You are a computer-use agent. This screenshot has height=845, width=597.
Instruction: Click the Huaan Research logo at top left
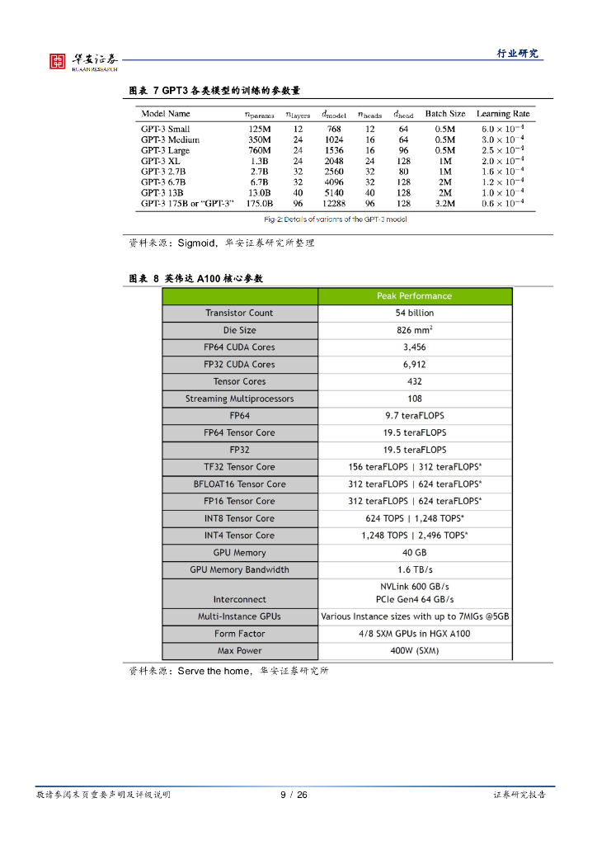pyautogui.click(x=83, y=61)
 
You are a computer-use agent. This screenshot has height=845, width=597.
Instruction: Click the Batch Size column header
pyautogui.click(x=445, y=114)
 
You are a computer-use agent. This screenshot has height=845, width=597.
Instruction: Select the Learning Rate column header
pyautogui.click(x=503, y=114)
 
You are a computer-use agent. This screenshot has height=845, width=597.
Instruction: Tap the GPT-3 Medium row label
pyautogui.click(x=170, y=139)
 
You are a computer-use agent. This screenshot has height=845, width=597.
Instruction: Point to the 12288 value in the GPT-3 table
pyautogui.click(x=334, y=203)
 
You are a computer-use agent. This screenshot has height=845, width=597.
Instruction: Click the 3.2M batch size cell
pyautogui.click(x=445, y=203)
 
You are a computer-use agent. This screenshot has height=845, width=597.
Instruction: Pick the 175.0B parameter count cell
pyautogui.click(x=260, y=203)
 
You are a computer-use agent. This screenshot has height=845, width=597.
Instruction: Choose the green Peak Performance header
pyautogui.click(x=415, y=296)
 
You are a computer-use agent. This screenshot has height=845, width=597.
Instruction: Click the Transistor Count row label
pyautogui.click(x=239, y=314)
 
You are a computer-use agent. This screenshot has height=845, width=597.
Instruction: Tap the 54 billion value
pyautogui.click(x=415, y=314)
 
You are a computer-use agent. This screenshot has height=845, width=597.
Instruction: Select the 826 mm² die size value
pyautogui.click(x=415, y=330)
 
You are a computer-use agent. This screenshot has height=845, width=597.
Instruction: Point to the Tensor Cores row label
pyautogui.click(x=239, y=382)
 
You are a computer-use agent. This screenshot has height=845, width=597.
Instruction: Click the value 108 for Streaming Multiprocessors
pyautogui.click(x=415, y=399)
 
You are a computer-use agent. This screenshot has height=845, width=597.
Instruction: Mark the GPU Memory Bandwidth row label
pyautogui.click(x=239, y=570)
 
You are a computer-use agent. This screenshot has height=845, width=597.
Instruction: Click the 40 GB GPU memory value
pyautogui.click(x=415, y=553)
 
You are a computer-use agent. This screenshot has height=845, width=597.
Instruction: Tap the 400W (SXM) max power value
pyautogui.click(x=415, y=651)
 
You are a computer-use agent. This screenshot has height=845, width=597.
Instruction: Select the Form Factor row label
pyautogui.click(x=239, y=634)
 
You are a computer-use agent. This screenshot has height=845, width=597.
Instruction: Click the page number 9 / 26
pyautogui.click(x=294, y=795)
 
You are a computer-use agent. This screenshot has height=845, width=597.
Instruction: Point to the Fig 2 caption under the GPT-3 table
pyautogui.click(x=336, y=220)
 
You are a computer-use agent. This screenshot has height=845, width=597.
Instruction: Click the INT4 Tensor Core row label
pyautogui.click(x=239, y=536)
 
